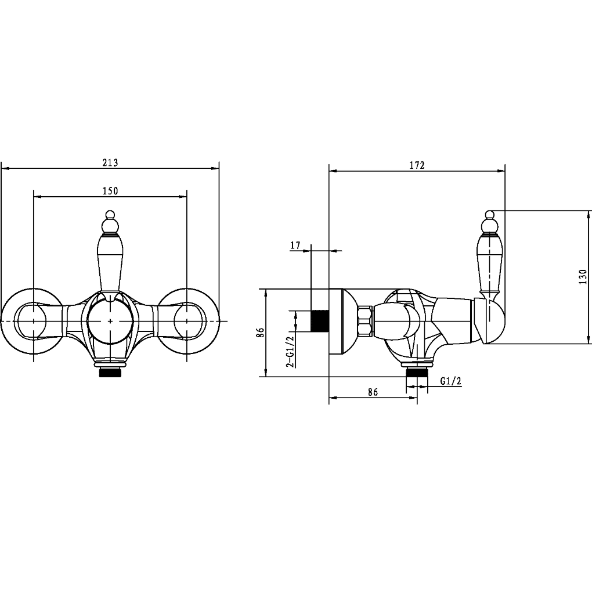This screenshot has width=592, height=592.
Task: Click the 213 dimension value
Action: coord(110,163)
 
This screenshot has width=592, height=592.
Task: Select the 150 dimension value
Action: coord(110,191)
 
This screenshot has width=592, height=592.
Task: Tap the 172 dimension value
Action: coord(417,165)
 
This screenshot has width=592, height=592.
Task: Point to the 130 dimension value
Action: coord(583,277)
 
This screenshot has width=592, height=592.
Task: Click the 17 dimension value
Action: coord(295,246)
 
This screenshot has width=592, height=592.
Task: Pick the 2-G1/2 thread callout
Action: coord(290,352)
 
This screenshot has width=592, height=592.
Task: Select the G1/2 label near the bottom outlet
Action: coord(451,381)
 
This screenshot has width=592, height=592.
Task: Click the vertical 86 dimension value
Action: coord(260,332)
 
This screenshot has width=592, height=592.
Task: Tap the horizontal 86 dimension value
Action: coord(373,392)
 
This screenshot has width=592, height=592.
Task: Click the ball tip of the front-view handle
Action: coord(110,214)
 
